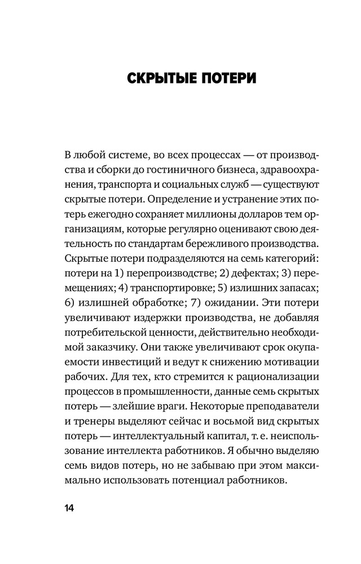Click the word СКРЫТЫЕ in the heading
(x=159, y=78)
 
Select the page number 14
(x=69, y=508)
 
